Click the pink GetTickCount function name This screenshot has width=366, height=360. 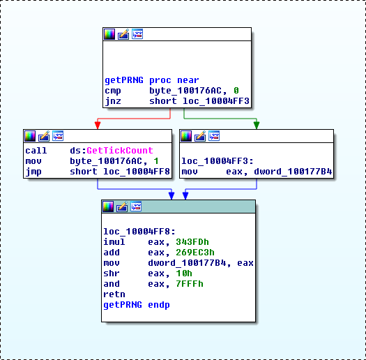pyautogui.click(x=120, y=151)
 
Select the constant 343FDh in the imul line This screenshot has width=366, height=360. pyautogui.click(x=192, y=242)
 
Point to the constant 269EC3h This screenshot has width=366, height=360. pyautogui.click(x=195, y=253)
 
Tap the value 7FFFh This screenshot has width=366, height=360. pyautogui.click(x=190, y=284)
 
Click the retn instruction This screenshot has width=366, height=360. pyautogui.click(x=114, y=294)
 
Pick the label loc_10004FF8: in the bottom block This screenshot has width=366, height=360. pyautogui.click(x=139, y=231)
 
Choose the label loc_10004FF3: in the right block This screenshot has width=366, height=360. pyautogui.click(x=218, y=161)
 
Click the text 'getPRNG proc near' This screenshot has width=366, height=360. pyautogui.click(x=152, y=80)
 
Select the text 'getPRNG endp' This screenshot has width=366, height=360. pyautogui.click(x=137, y=305)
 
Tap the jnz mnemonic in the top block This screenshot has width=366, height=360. pyautogui.click(x=113, y=101)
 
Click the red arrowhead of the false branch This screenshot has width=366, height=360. pyautogui.click(x=98, y=125)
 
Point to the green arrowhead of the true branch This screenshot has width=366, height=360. pyautogui.click(x=257, y=125)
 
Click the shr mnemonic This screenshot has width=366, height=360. pyautogui.click(x=112, y=273)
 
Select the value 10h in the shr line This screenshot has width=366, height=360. pyautogui.click(x=184, y=273)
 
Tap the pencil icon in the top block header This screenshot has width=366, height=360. pyautogui.click(x=123, y=34)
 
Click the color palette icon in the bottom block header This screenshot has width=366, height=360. pyautogui.click(x=108, y=207)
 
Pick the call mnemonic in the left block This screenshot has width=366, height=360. pyautogui.click(x=36, y=151)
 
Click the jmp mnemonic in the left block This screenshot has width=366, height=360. pyautogui.click(x=33, y=172)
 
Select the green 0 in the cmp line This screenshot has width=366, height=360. pyautogui.click(x=236, y=91)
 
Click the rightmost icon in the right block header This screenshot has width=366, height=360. pyautogui.click(x=214, y=136)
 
